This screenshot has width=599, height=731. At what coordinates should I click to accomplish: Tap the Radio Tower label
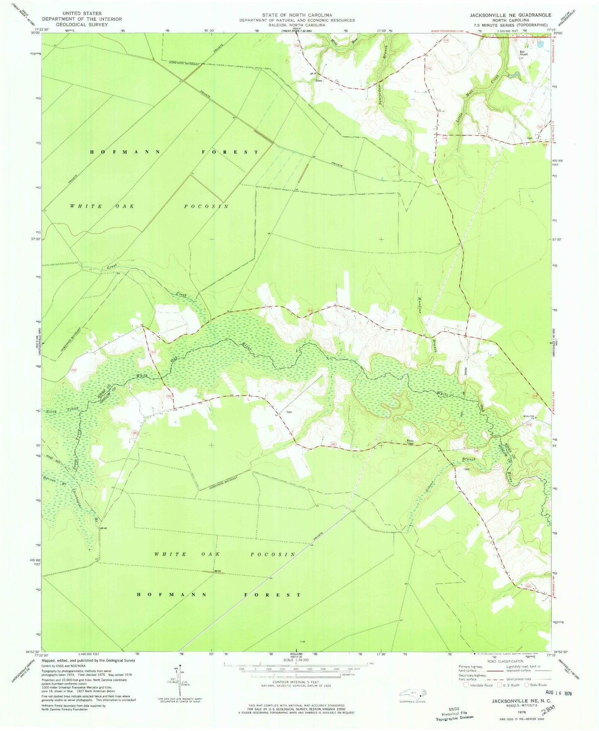(x=410, y=442)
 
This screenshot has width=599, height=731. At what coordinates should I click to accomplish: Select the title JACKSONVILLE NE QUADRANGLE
(x=510, y=15)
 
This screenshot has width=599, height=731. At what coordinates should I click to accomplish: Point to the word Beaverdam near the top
(x=380, y=90)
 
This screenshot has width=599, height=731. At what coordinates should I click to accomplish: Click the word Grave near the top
(x=319, y=80)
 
